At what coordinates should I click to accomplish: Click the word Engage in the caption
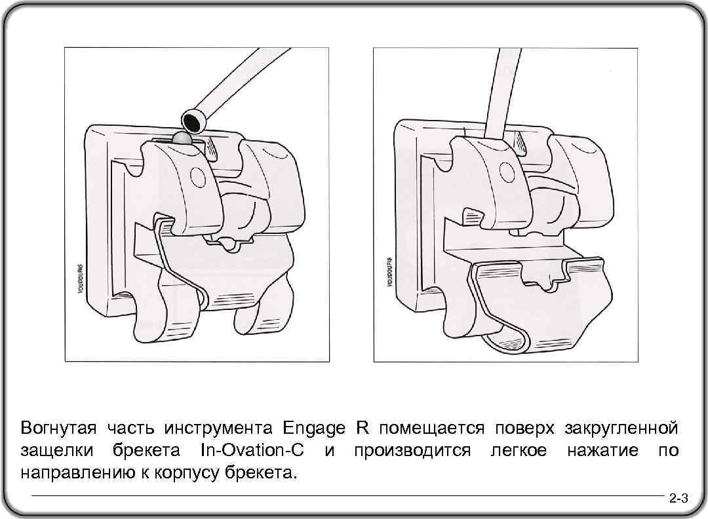click(314, 429)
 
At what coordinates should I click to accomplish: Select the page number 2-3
click(678, 499)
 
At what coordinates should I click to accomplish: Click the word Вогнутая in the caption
click(58, 429)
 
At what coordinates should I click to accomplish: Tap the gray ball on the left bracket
click(182, 138)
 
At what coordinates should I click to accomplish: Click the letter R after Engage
click(362, 429)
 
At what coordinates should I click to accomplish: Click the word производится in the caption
click(412, 451)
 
